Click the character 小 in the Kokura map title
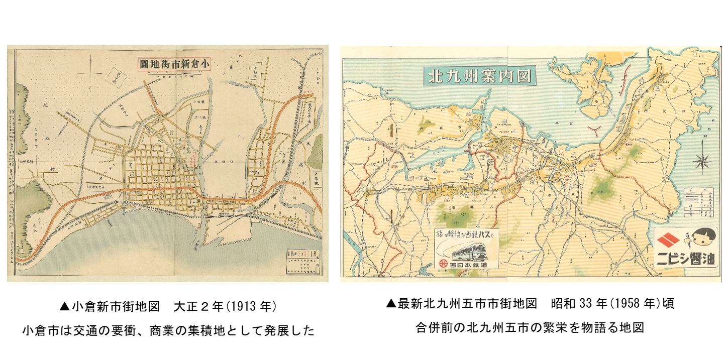point(204,64)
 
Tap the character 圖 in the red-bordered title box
point(144,64)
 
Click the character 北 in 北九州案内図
point(434,76)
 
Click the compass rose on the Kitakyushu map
point(701,161)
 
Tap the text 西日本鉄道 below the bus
point(472,264)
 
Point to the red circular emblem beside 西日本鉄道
point(443,264)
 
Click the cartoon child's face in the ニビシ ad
point(702,240)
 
